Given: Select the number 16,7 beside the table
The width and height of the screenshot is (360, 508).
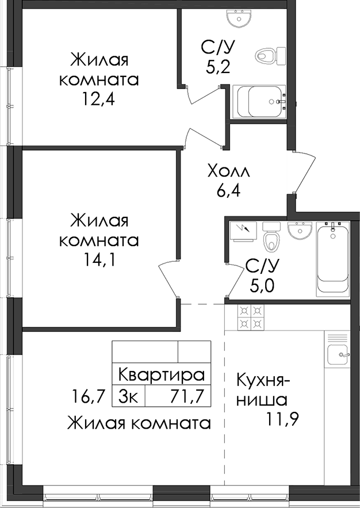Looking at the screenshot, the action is (x=88, y=396).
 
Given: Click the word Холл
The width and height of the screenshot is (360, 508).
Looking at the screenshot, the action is (x=228, y=171).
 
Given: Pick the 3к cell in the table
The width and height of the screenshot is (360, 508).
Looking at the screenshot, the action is (x=128, y=396).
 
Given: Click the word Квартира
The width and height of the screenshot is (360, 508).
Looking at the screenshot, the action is (x=162, y=375).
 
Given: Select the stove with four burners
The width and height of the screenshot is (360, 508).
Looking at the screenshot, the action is (x=251, y=317).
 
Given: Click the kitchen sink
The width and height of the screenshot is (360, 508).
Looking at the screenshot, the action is (x=338, y=354).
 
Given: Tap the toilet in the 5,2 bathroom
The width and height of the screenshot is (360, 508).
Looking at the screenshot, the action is (x=271, y=56).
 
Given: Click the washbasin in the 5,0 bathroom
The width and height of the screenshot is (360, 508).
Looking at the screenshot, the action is (x=300, y=231).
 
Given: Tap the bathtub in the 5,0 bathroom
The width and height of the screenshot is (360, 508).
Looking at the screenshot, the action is (x=333, y=259).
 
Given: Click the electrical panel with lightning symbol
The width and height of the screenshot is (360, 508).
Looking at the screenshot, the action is (x=243, y=231).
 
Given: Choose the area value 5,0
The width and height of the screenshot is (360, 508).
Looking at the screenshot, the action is (x=262, y=286).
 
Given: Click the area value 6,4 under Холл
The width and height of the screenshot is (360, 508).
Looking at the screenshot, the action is (x=228, y=192).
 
